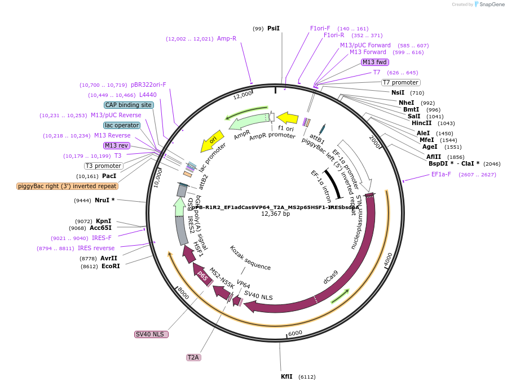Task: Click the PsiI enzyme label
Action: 274,28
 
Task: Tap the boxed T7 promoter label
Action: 400,82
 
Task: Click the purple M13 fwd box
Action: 374,62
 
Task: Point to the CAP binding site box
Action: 129,105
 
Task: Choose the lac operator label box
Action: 121,125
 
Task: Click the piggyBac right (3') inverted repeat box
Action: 67,186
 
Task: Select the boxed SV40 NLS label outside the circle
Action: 151,334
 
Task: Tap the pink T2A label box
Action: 193,357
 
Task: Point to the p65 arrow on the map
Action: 201,276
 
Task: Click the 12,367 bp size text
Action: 275,214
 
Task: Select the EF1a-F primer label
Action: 440,175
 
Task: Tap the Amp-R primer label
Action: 227,39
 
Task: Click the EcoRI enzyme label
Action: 111,266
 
